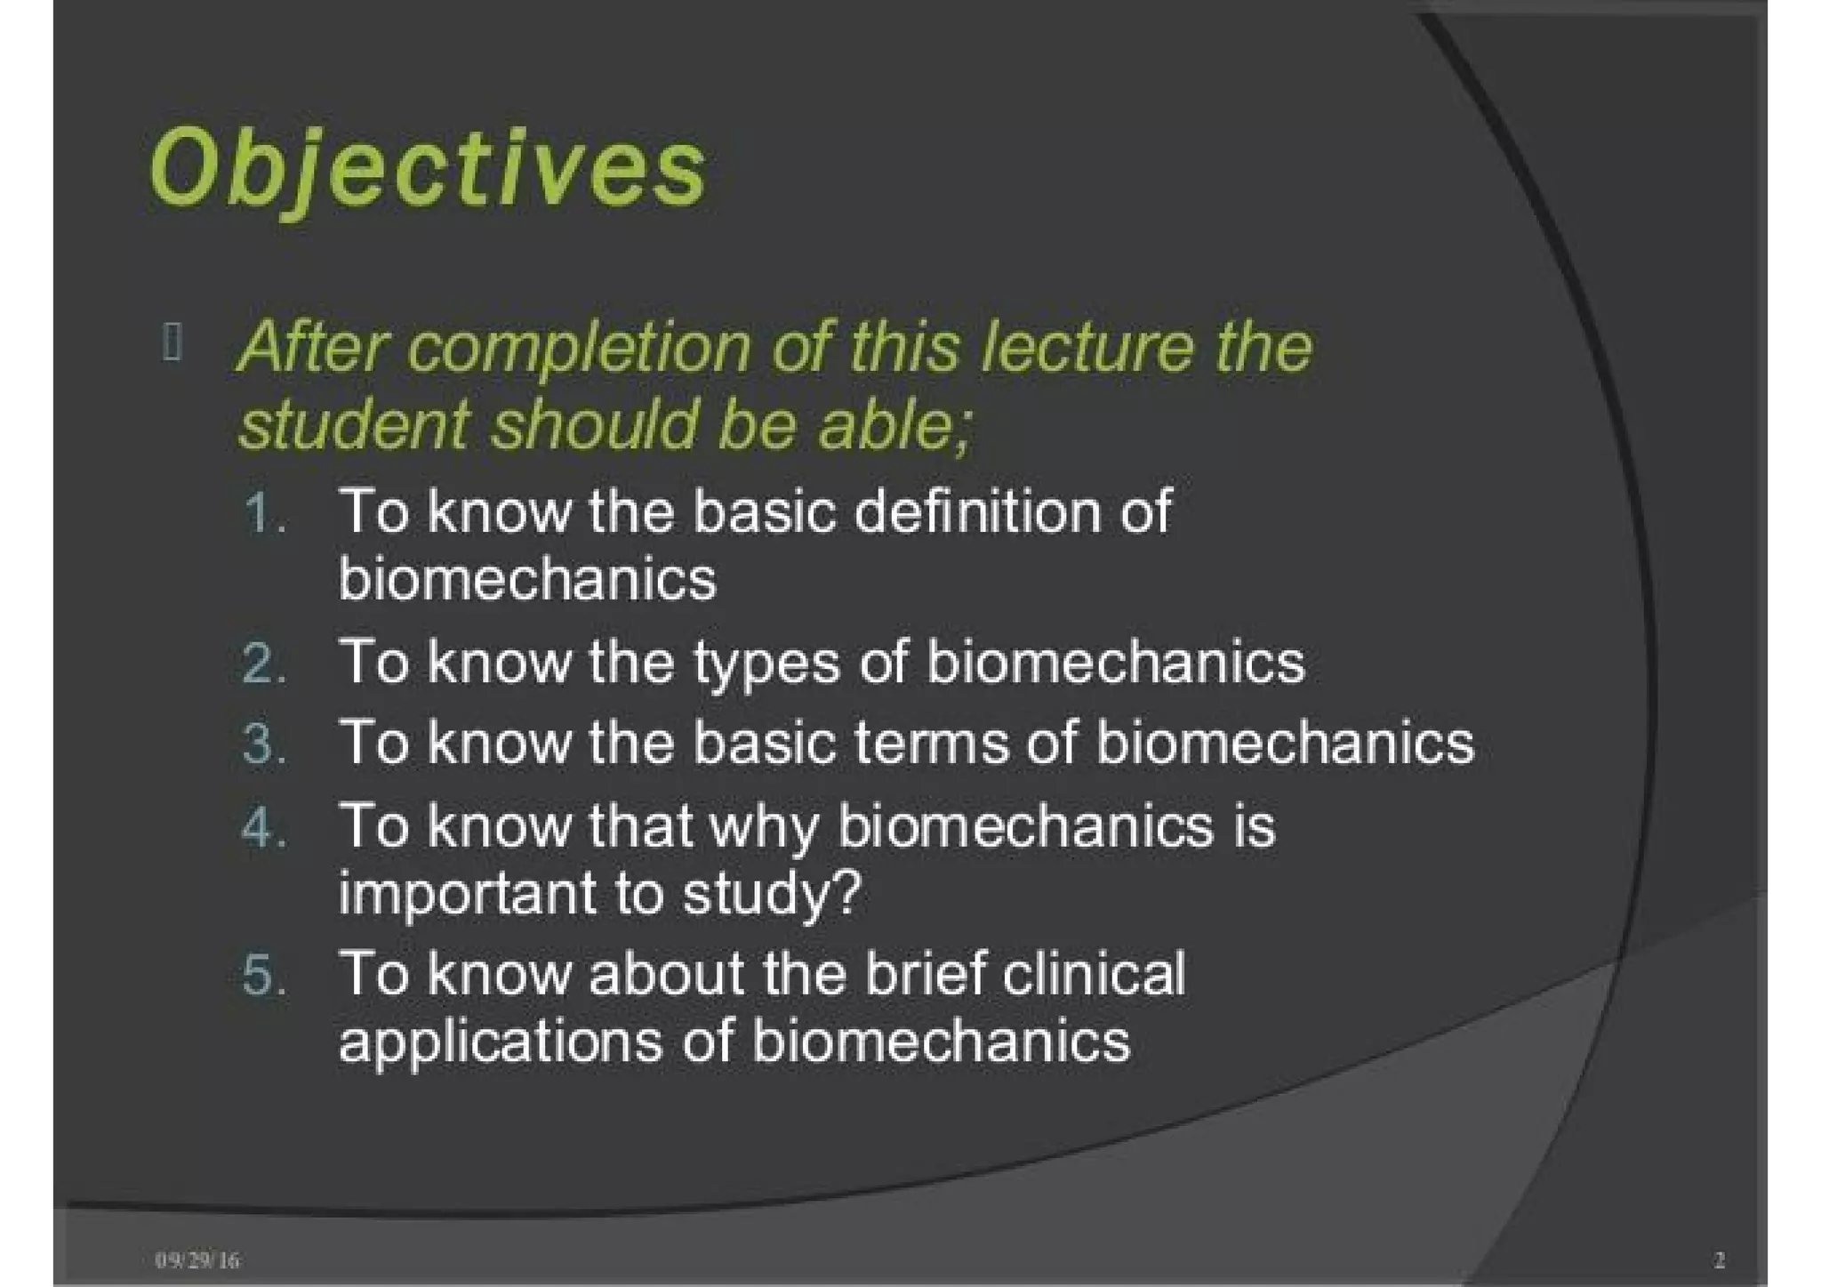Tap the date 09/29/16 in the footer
(197, 1259)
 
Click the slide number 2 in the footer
(1719, 1259)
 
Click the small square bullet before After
(172, 343)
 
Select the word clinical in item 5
(1093, 973)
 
